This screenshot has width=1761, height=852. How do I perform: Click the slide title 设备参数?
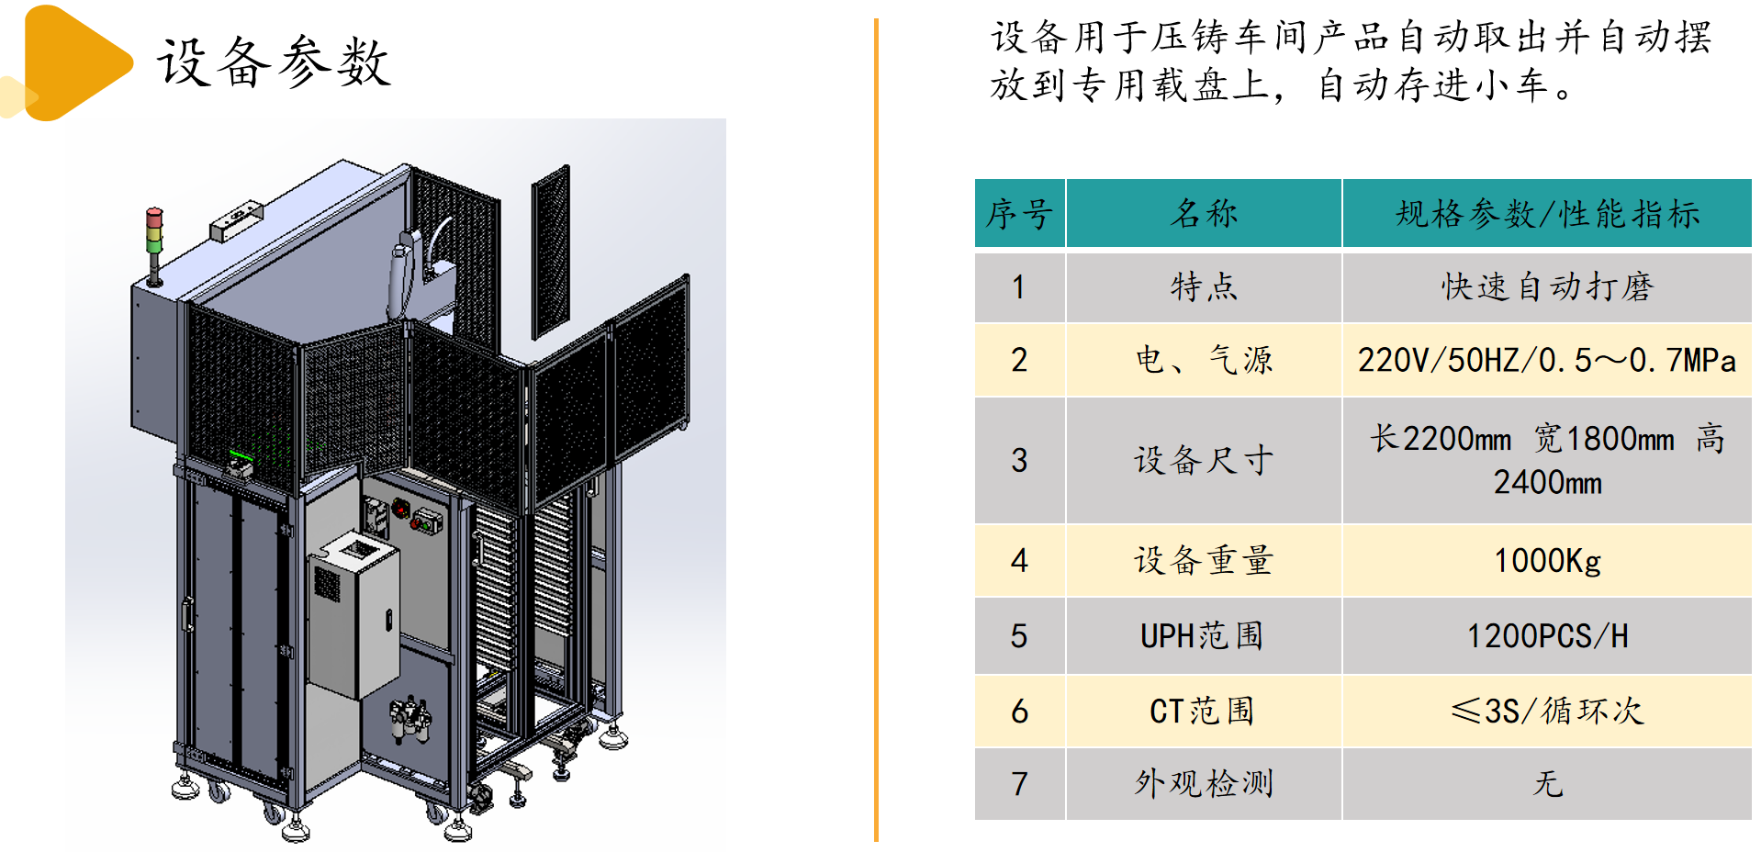[x=274, y=62]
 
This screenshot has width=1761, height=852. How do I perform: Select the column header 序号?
[x=1019, y=214]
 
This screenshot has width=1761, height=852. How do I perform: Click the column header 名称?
[x=1203, y=214]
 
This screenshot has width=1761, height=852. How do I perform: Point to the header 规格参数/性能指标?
[x=1547, y=214]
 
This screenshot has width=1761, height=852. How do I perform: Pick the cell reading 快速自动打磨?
[x=1547, y=287]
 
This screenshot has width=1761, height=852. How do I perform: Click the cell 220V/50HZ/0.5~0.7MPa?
[x=1547, y=360]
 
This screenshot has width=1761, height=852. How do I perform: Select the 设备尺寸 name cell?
[x=1203, y=460]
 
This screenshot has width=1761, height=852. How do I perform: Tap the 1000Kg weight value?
[x=1547, y=560]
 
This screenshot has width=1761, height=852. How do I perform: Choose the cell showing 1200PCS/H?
[x=1547, y=635]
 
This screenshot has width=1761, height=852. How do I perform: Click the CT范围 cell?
[x=1203, y=711]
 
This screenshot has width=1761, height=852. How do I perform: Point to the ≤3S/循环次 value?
[x=1547, y=711]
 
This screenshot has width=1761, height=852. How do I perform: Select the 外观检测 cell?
[x=1203, y=783]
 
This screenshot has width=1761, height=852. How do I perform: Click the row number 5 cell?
[x=1019, y=635]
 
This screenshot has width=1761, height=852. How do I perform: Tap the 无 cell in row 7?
[x=1547, y=783]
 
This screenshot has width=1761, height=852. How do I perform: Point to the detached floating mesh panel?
[x=550, y=253]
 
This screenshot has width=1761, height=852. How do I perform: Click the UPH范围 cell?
[x=1203, y=635]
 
